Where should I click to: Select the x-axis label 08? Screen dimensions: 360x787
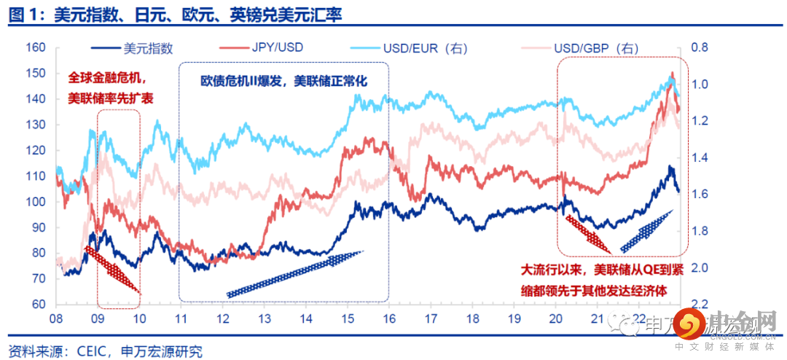click(x=55, y=319)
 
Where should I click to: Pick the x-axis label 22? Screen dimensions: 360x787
click(x=641, y=319)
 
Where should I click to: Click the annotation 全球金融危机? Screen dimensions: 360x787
click(x=107, y=77)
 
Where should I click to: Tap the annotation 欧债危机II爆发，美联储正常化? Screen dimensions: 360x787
click(x=284, y=82)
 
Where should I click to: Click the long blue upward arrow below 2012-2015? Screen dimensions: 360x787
click(x=294, y=273)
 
